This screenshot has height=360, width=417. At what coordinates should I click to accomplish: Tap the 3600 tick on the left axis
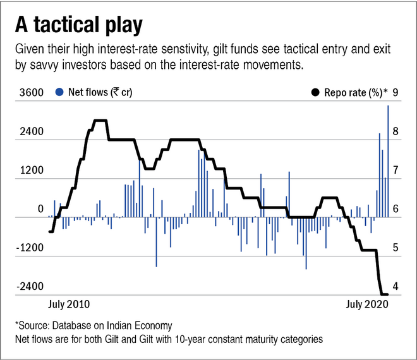[x=31, y=93]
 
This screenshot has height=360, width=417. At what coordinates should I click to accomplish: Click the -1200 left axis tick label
[x=29, y=248]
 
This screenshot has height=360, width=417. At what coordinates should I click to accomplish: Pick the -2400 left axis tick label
[x=29, y=287]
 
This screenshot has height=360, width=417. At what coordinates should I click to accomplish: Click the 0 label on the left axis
[x=40, y=209]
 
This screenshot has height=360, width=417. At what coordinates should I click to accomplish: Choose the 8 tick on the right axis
[x=395, y=132]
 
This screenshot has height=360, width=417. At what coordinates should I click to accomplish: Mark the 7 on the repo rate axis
[x=395, y=171]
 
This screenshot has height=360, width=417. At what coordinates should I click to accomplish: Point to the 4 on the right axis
[x=395, y=287]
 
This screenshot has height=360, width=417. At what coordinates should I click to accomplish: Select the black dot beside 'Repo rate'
[x=314, y=93]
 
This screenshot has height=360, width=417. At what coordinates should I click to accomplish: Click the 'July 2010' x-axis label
[x=69, y=304]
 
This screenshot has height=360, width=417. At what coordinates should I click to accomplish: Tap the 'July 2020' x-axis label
[x=366, y=304]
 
